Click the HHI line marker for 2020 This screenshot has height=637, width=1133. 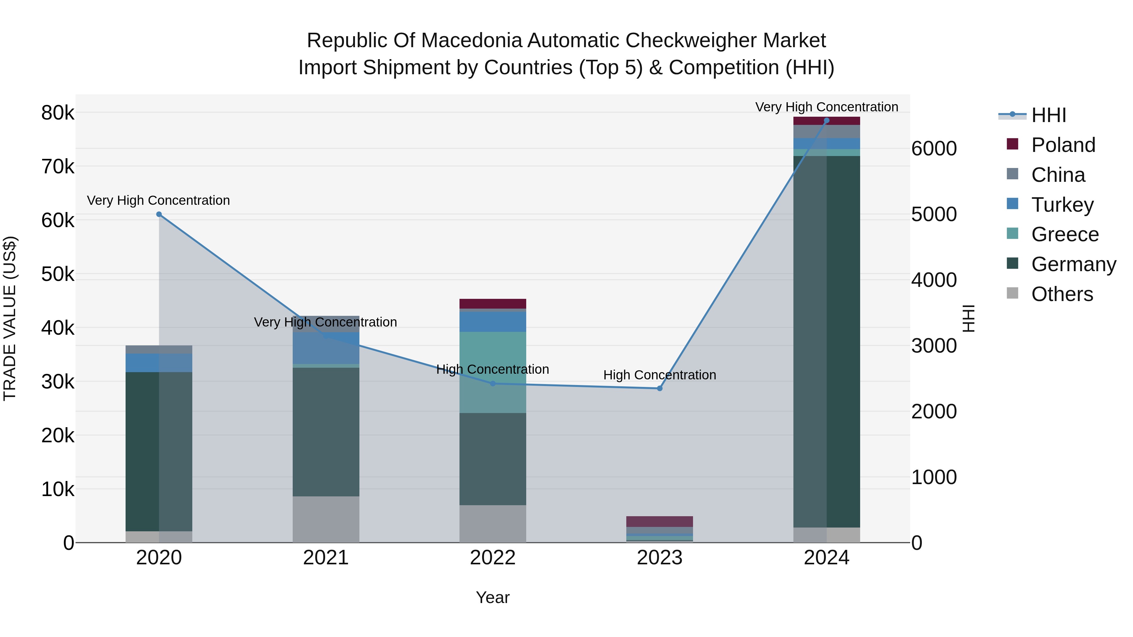tap(159, 215)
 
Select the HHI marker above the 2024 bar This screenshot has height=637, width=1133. tap(826, 120)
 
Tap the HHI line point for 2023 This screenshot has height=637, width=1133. tap(659, 388)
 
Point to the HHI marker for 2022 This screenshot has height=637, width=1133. tap(493, 384)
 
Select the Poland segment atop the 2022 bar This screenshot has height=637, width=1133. tap(493, 304)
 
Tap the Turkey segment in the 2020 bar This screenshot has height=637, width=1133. tap(159, 363)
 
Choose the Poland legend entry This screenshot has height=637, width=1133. tap(1063, 145)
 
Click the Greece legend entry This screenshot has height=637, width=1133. tap(1065, 234)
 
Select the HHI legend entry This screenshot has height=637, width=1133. tap(1049, 115)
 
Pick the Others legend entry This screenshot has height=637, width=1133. tap(1062, 294)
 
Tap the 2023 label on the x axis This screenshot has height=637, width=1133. tap(659, 558)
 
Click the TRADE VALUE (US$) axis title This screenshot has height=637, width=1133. tap(10, 318)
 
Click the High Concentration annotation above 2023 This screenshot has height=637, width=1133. tap(659, 375)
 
